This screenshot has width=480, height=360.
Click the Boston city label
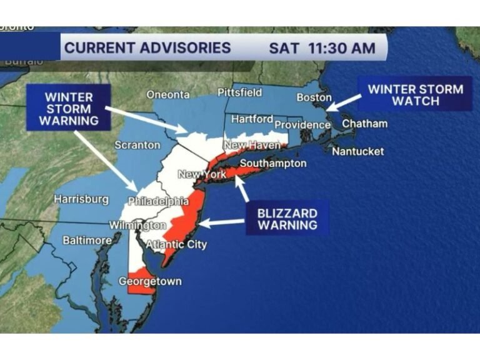[x=314, y=97]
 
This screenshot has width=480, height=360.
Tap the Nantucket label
[x=357, y=151]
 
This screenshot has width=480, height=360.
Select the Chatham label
[x=364, y=124]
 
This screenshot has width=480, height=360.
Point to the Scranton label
[x=137, y=145]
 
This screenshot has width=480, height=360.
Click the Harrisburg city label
[x=81, y=199]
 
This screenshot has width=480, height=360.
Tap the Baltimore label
[x=87, y=240]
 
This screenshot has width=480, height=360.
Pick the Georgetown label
[x=150, y=281]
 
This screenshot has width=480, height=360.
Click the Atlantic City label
[x=176, y=244]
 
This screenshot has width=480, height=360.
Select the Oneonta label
[x=167, y=94]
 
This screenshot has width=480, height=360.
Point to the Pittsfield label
[x=239, y=92]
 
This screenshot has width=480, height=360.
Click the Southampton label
[x=273, y=164]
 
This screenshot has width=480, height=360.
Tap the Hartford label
[x=252, y=119]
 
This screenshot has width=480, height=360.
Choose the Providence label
[x=303, y=125]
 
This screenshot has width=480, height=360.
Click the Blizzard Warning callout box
[x=287, y=218]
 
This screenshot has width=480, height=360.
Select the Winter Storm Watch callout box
[x=415, y=94]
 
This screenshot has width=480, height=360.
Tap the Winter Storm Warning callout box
[x=69, y=107]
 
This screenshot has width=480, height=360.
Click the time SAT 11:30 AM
[x=322, y=47]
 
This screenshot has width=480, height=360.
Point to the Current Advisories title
[x=147, y=47]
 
